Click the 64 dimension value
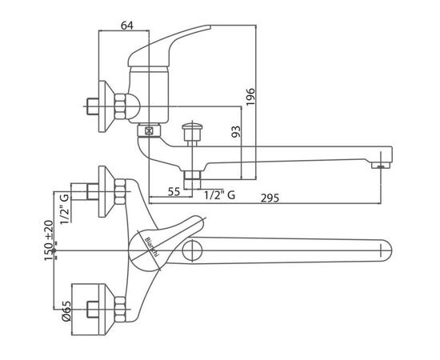pos(127,26)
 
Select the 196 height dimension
pos(250,97)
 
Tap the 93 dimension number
pos(236,131)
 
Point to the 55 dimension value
pos(174,192)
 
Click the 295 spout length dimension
pos(270,198)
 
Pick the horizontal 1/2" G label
pos(219,194)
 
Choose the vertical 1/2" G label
pos(65,209)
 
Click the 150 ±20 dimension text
pos(49,241)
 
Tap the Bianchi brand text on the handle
pos(152,246)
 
